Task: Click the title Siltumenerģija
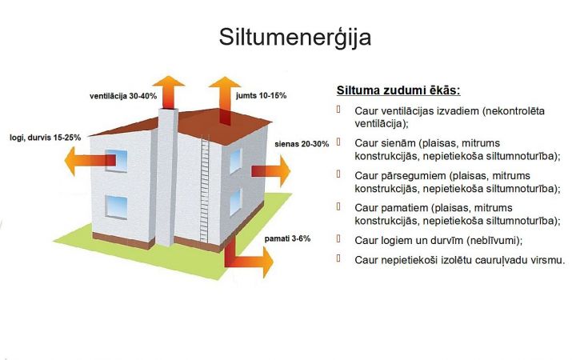click(x=294, y=38)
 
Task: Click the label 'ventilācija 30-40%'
click(x=123, y=96)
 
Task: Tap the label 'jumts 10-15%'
click(x=261, y=95)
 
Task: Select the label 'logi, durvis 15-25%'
click(x=46, y=138)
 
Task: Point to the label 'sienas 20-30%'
click(x=302, y=144)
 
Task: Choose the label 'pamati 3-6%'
click(x=287, y=239)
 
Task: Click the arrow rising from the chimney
click(x=169, y=92)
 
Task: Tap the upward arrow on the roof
click(x=225, y=100)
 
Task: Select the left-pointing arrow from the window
click(x=90, y=161)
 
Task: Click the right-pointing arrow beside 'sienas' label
click(x=270, y=170)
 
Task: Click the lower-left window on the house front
click(x=116, y=207)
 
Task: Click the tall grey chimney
click(x=167, y=178)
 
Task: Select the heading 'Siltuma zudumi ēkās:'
click(x=398, y=90)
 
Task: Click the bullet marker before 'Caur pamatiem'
click(x=338, y=206)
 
